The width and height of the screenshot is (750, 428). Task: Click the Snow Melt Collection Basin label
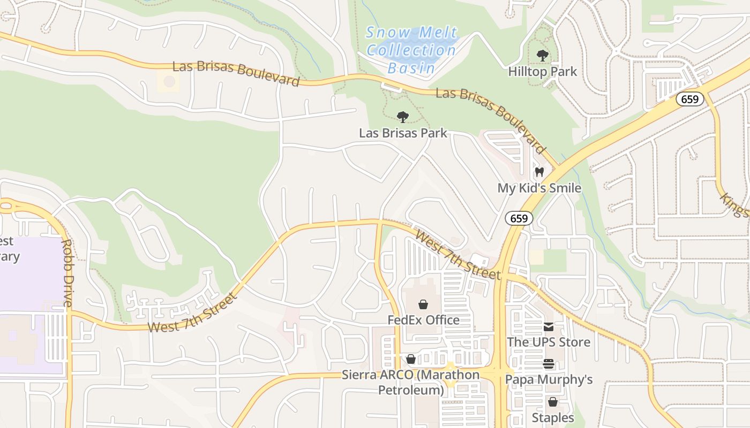(411, 50)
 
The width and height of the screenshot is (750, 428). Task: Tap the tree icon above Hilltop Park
(542, 55)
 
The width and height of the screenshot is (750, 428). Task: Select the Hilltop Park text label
(542, 71)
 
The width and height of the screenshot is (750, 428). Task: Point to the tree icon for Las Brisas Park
(403, 117)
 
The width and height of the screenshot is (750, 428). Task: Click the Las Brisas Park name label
(403, 133)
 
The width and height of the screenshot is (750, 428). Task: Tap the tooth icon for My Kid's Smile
(539, 172)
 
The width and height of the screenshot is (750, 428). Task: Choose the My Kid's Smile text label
(539, 188)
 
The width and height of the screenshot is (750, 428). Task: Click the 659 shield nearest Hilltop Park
(689, 99)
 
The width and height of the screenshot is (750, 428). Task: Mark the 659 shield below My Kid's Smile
(519, 218)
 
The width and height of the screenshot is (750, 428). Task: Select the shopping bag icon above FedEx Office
(423, 304)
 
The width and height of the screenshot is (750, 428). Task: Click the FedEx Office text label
(423, 320)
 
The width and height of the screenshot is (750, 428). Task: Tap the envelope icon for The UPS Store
(549, 327)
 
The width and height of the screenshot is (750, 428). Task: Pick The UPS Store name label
(549, 342)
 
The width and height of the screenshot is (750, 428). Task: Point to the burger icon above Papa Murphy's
(549, 364)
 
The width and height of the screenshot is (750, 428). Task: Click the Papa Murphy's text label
(549, 379)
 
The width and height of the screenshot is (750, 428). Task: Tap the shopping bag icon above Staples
(553, 402)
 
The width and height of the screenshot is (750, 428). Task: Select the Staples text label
(553, 417)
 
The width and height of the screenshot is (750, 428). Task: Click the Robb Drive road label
(67, 273)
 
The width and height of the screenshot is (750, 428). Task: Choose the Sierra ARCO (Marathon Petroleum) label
(411, 382)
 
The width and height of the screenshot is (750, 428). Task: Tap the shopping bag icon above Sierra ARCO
(411, 359)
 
